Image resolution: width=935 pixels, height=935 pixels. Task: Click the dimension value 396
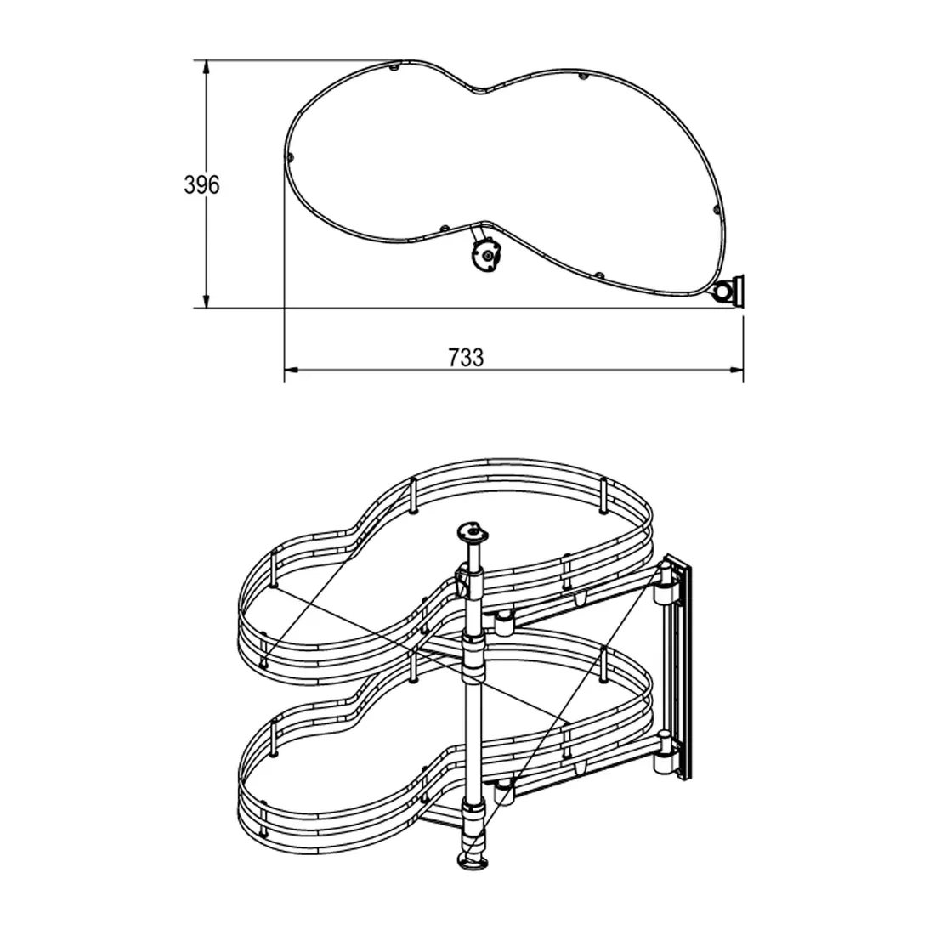(x=201, y=184)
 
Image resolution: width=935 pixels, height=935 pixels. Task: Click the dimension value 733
(x=466, y=358)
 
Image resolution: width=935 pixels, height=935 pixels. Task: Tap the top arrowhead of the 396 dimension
(x=207, y=67)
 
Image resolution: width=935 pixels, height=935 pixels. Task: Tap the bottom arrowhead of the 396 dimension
(x=207, y=301)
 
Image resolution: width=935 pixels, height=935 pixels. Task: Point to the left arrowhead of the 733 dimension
(x=291, y=371)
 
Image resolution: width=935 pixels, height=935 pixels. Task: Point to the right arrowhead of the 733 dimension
(x=736, y=371)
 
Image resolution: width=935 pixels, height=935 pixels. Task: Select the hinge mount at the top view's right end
(x=730, y=292)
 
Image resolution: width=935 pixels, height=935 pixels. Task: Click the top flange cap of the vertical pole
(x=472, y=530)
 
